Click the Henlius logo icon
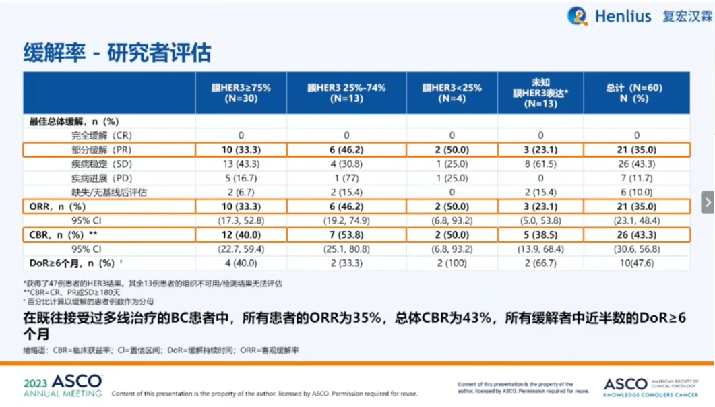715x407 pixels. click(578, 16)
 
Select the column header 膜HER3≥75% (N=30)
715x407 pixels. click(241, 93)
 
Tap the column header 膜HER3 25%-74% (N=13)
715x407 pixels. click(346, 93)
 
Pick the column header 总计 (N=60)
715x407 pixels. click(635, 93)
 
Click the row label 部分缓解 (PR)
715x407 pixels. click(101, 150)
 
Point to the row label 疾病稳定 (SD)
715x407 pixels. click(101, 164)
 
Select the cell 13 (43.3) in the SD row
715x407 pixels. click(241, 164)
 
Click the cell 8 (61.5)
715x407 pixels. click(540, 164)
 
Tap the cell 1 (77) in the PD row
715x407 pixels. click(346, 178)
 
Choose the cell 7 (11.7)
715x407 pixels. click(636, 178)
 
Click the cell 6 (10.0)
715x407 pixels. click(636, 192)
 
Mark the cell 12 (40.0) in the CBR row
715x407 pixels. click(241, 234)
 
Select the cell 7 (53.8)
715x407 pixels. click(346, 234)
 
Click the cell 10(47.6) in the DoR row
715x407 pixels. click(636, 263)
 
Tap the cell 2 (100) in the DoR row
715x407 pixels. click(452, 263)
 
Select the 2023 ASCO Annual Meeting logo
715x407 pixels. click(63, 386)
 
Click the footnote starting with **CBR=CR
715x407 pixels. click(72, 292)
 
